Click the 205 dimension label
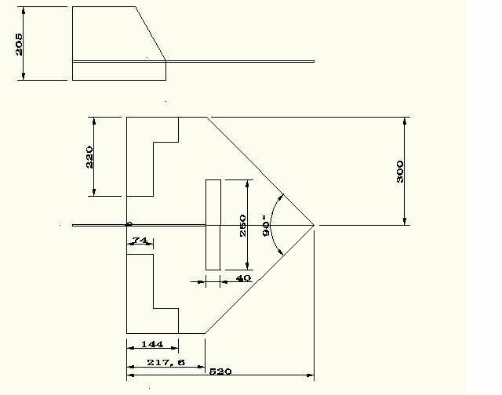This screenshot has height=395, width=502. coord(19,44)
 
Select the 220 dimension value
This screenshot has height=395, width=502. coord(89,157)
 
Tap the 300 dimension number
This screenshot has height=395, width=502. coord(400,172)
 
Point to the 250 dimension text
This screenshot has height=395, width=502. coord(243,226)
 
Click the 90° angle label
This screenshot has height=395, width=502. coord(266,226)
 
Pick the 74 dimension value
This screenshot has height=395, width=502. coord(140,240)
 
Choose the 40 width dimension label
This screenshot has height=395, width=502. coord(243,278)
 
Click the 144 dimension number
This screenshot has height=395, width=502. coord(152,344)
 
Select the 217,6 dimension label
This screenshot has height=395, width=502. coord(166,362)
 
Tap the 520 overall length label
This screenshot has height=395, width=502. coord(220,371)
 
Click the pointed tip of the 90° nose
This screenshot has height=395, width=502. coord(314,225)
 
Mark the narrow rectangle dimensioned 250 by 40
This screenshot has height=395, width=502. coord(213,225)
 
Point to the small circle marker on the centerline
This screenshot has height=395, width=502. coord(129,223)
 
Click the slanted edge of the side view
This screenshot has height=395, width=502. coord(151,33)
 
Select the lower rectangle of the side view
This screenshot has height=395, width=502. coord(119,71)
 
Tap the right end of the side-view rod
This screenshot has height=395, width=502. coord(314,61)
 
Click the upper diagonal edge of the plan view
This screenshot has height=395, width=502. coord(260,171)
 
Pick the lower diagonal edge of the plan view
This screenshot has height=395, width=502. coord(260,279)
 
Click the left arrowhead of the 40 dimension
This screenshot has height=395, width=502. coord(200,282)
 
